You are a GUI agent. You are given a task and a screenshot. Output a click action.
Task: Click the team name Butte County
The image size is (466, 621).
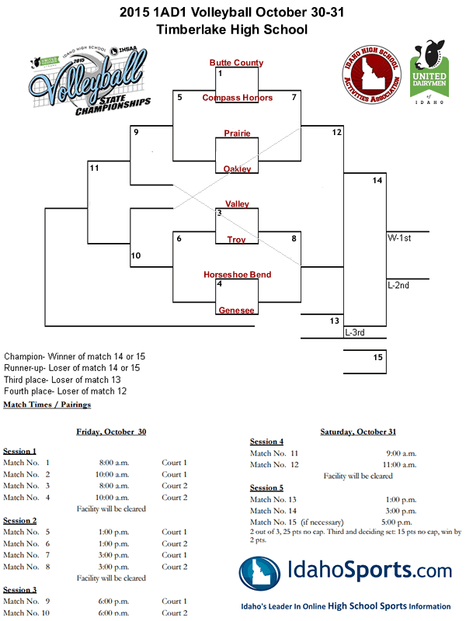click(x=236, y=63)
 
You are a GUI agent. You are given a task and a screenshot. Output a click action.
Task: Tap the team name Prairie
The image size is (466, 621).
click(x=237, y=134)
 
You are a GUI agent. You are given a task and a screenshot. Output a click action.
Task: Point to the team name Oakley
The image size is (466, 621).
click(x=237, y=169)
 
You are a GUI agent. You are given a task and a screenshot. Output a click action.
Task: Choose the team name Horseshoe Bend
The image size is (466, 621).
click(x=237, y=275)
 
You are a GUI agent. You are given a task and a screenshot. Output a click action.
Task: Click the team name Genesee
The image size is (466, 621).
click(x=237, y=310)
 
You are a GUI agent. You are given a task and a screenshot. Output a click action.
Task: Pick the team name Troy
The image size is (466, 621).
click(x=237, y=240)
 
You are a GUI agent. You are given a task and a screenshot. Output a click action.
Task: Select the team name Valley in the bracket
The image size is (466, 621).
click(x=237, y=204)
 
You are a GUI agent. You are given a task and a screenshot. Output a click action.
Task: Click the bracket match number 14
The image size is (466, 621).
click(x=377, y=181)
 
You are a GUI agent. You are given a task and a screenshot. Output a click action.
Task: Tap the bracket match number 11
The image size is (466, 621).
click(x=94, y=168)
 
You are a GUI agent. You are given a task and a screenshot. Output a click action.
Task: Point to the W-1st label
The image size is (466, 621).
click(x=399, y=238)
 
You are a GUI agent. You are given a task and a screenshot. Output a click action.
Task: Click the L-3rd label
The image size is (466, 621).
click(x=355, y=332)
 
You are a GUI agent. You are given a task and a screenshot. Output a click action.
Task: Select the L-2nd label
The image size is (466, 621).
click(x=398, y=286)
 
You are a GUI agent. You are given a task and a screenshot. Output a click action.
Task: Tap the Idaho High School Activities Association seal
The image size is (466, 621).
click(x=370, y=71)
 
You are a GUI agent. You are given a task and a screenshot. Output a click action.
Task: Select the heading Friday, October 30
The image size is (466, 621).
click(x=110, y=432)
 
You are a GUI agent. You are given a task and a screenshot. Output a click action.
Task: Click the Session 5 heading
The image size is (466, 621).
click(x=266, y=487)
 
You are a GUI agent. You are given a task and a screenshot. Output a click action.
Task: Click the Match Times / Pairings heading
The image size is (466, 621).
click(x=47, y=404)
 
